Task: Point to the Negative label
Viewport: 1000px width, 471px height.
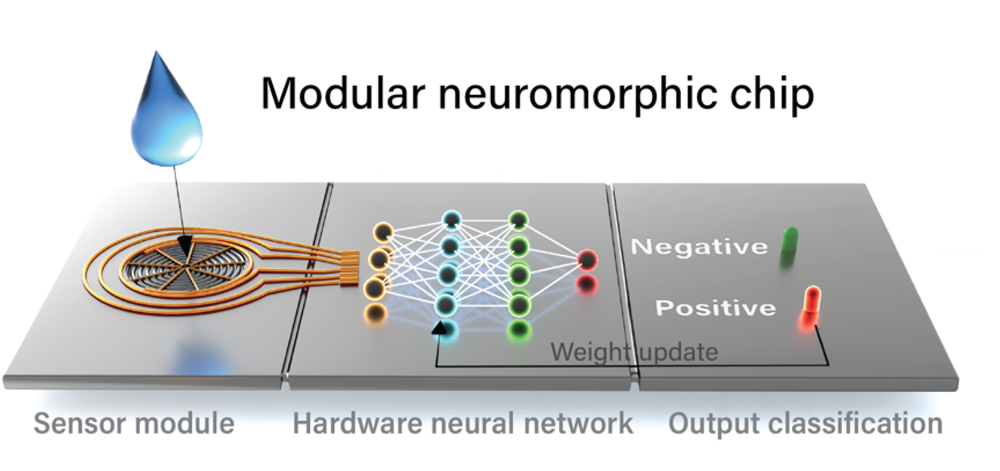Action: point(698,247)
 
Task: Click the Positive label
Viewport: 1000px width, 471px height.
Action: point(715,308)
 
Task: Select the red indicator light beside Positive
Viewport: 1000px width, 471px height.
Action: point(812,304)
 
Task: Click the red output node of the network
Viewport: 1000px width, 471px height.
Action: point(587,260)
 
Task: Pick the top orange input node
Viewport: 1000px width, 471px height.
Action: point(383,232)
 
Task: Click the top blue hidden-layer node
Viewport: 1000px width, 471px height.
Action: point(452,219)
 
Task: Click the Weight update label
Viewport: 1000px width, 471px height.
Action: point(634,352)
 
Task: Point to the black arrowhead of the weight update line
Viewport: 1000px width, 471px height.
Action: point(438,329)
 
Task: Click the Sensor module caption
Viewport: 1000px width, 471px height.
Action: point(134,423)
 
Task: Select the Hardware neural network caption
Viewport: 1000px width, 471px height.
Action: point(462,423)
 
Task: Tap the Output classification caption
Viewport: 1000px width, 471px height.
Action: point(805,423)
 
